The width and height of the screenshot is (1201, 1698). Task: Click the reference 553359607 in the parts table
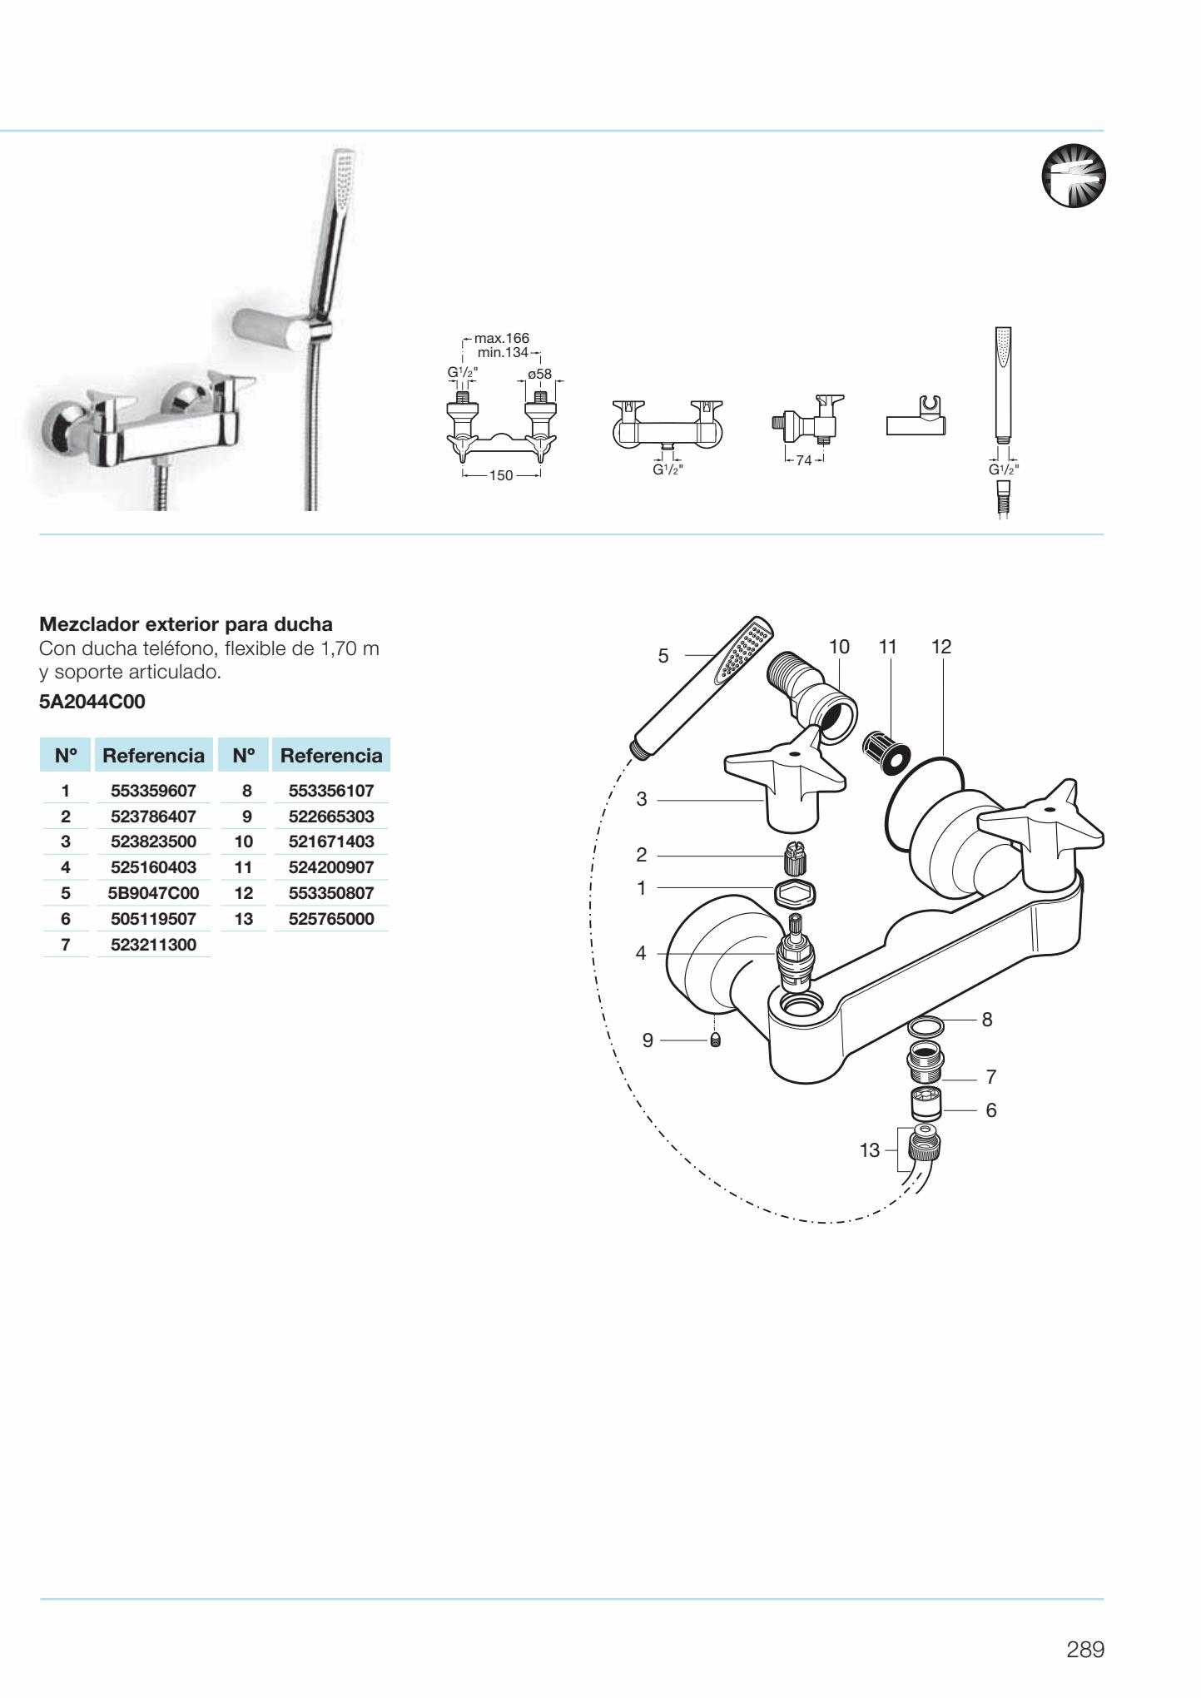[153, 791]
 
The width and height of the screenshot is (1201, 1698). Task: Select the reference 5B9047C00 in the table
[153, 893]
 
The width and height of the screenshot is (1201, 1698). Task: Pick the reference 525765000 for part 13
[330, 919]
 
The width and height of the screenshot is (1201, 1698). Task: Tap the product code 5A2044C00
[92, 702]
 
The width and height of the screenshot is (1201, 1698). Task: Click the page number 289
[1085, 1650]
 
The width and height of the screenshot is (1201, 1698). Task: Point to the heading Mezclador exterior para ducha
[186, 623]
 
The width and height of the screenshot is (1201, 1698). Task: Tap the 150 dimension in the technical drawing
[500, 476]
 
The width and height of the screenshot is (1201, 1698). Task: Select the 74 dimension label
[803, 460]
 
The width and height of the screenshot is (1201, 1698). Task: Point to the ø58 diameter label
[539, 374]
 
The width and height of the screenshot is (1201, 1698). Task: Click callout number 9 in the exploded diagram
[648, 1040]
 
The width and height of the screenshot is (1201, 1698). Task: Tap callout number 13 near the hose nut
[869, 1150]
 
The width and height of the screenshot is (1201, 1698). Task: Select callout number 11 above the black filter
[888, 647]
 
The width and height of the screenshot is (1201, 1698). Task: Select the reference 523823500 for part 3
[153, 842]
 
